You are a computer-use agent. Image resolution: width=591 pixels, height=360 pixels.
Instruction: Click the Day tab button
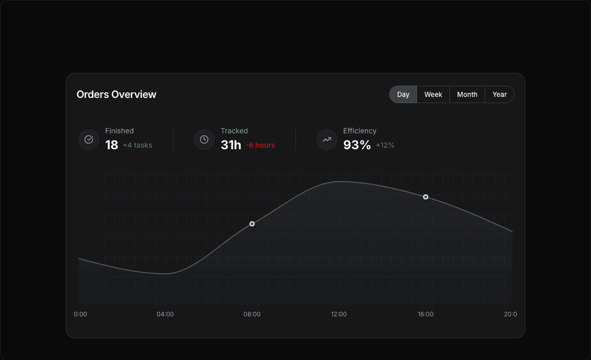click(x=403, y=94)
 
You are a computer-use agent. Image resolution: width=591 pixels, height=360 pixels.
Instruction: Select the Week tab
click(x=433, y=94)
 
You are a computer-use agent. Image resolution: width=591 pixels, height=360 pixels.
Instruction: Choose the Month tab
click(x=467, y=94)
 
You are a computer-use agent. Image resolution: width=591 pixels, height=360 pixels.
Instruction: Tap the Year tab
click(x=499, y=94)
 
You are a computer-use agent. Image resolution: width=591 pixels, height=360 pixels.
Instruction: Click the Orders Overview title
click(x=116, y=94)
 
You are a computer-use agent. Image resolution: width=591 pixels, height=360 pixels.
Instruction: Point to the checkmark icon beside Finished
click(x=89, y=139)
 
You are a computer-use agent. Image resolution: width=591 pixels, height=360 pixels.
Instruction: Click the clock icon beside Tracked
click(x=204, y=139)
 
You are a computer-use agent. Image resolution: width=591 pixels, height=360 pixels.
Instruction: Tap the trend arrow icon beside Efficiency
click(x=327, y=139)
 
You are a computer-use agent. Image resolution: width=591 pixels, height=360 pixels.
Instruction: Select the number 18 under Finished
click(x=112, y=145)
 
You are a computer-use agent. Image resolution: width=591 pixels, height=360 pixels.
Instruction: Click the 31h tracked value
click(x=231, y=145)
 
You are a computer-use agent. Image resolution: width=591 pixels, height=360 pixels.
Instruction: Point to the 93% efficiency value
click(x=357, y=145)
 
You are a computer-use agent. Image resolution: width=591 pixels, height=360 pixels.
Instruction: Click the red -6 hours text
click(x=260, y=146)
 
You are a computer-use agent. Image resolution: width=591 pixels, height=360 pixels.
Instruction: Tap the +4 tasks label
click(x=137, y=146)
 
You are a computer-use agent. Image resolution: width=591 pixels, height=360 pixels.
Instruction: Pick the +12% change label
click(x=385, y=146)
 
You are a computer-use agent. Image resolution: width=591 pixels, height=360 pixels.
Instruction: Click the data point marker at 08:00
click(x=252, y=224)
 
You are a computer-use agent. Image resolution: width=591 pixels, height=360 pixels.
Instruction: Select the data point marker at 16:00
click(x=426, y=197)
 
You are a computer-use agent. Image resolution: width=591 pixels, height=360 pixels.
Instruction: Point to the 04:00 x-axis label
click(x=165, y=314)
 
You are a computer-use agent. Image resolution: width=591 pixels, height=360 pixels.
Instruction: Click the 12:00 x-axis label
click(x=339, y=314)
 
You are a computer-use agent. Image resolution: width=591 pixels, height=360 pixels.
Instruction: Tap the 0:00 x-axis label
click(x=81, y=314)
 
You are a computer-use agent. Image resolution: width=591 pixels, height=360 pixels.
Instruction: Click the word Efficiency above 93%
click(x=360, y=131)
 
